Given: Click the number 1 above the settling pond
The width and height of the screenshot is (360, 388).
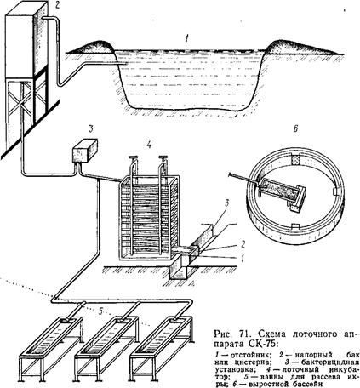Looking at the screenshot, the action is [186, 38].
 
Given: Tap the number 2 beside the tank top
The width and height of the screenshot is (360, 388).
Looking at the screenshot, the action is [58, 5].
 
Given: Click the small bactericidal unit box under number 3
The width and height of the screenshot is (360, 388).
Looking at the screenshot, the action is [85, 151].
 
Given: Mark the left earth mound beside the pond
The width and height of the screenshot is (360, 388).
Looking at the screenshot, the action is [92, 47].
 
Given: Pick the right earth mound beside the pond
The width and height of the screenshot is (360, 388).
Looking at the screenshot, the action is [298, 48].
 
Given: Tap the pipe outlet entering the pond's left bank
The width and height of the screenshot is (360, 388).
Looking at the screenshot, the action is [122, 64].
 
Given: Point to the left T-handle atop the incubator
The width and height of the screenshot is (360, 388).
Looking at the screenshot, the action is [133, 157].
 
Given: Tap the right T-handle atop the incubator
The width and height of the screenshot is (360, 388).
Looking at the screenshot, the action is [163, 157].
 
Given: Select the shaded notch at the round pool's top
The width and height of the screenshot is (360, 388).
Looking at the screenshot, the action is [295, 159].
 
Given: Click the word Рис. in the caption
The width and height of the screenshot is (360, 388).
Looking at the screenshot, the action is [224, 334].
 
